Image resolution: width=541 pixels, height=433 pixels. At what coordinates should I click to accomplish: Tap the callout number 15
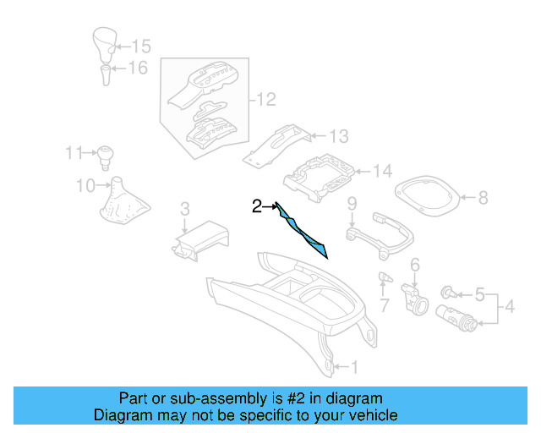coord(141,46)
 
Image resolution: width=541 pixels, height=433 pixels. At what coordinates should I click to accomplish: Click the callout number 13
coord(338,135)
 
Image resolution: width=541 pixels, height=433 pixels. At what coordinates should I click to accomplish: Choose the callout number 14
coord(383,172)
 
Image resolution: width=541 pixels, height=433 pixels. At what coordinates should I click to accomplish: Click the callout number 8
coord(483,199)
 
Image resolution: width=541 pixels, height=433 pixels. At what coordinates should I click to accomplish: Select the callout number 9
coord(352,203)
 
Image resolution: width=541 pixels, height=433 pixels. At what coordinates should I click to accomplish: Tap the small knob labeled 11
coord(106,155)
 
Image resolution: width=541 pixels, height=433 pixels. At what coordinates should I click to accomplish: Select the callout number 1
coord(353,367)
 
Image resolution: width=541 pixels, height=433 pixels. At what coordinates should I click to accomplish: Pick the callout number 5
coord(479,295)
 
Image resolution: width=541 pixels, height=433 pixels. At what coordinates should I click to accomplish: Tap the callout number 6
coord(415,266)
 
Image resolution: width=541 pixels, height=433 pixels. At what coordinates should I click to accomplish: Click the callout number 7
coord(383,304)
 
